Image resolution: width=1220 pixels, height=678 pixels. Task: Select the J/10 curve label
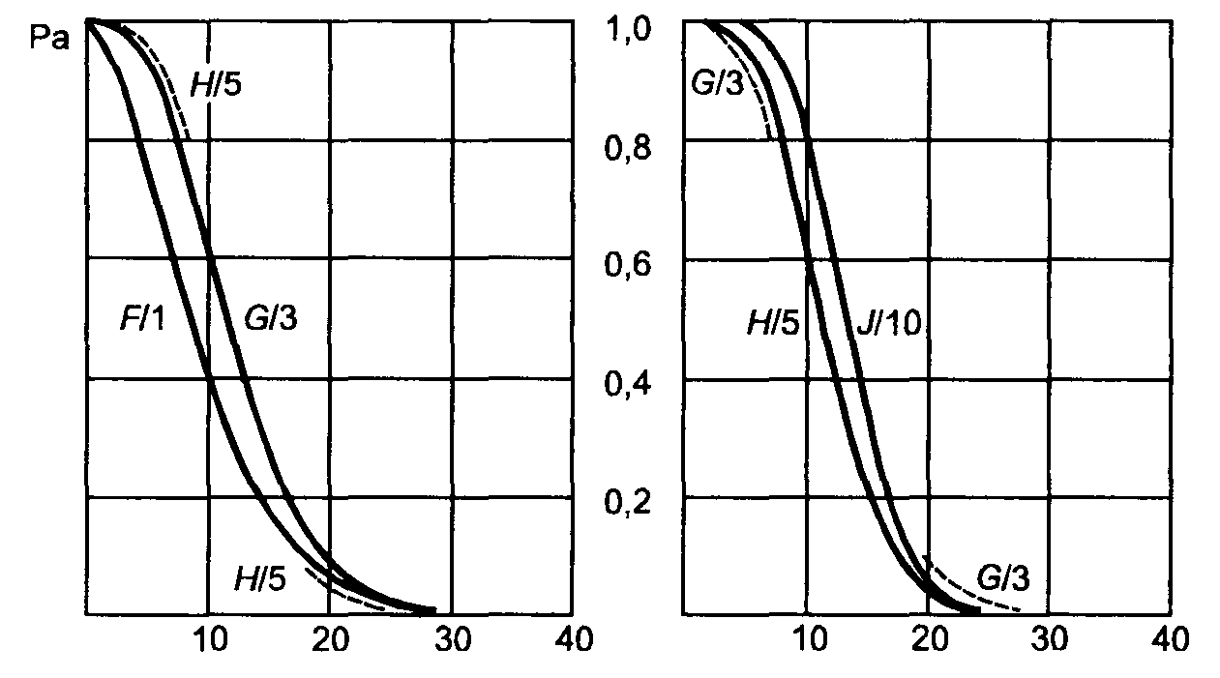pos(887,323)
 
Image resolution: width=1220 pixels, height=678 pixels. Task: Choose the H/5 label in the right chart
pos(773,323)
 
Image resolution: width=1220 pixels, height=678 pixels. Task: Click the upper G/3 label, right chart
pos(717,85)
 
